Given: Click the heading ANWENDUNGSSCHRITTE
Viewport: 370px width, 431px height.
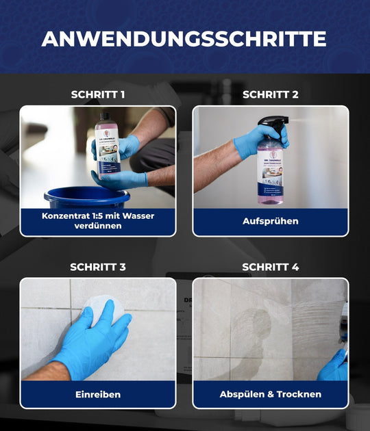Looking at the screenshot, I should tap(184, 38).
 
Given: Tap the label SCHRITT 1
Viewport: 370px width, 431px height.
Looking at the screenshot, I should tap(98, 94).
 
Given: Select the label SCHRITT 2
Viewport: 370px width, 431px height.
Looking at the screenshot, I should tap(270, 94).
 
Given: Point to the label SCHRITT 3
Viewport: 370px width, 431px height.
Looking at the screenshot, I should tap(98, 267).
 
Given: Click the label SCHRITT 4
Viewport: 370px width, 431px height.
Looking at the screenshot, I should tap(270, 267).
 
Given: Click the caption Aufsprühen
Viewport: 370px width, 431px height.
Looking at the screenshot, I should tap(270, 222).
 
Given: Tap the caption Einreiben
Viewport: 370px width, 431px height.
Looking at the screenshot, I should tap(98, 395).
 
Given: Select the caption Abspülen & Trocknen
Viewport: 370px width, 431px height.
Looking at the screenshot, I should tap(270, 395).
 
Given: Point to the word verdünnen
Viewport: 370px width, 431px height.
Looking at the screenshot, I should tap(98, 226).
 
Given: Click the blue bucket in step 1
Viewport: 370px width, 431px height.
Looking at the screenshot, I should tap(86, 198).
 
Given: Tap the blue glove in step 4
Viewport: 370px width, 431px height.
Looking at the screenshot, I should tap(334, 367).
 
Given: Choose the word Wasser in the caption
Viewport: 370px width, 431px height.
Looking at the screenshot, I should tap(137, 216).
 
